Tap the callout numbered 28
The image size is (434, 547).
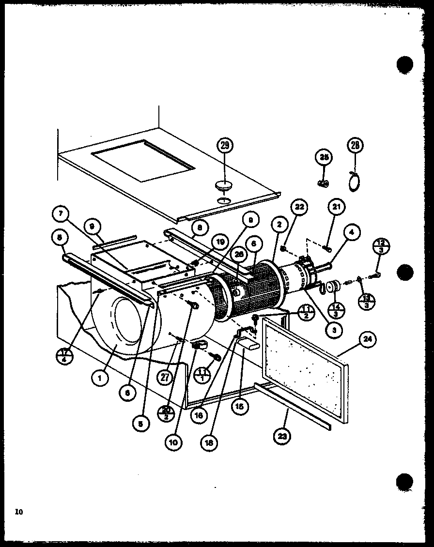click(355, 145)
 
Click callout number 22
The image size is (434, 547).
click(298, 208)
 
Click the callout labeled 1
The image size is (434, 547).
click(100, 379)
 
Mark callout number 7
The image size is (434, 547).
click(63, 213)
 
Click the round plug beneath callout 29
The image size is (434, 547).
click(223, 185)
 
